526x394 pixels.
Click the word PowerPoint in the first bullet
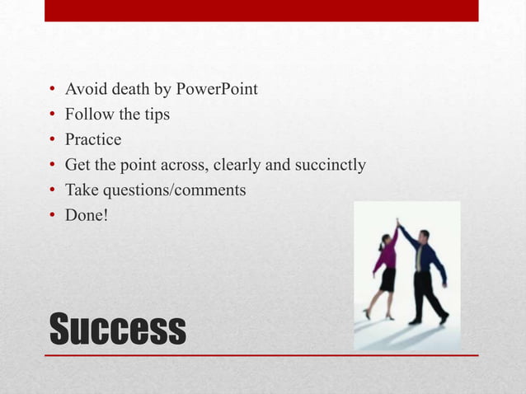(x=217, y=89)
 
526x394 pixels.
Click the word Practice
(x=92, y=140)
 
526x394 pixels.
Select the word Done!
(x=87, y=217)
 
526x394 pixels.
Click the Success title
(x=117, y=329)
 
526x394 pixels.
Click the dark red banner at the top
(x=261, y=10)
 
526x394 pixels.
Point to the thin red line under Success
(x=261, y=355)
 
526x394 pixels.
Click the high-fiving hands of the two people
(x=399, y=223)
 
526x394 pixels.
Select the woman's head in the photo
(x=385, y=239)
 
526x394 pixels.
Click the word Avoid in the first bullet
(x=84, y=89)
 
